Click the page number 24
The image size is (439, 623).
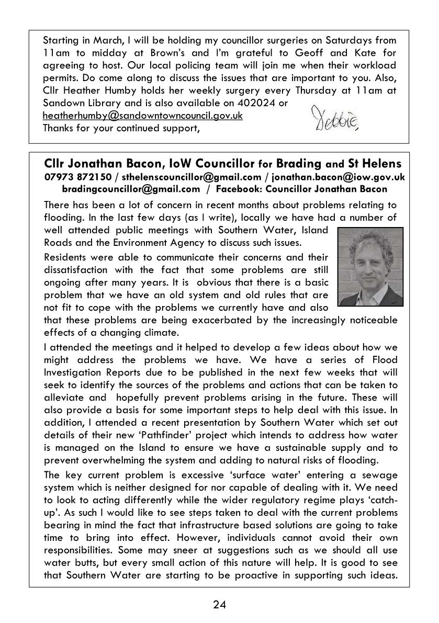click(219, 605)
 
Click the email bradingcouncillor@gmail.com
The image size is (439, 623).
click(131, 189)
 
